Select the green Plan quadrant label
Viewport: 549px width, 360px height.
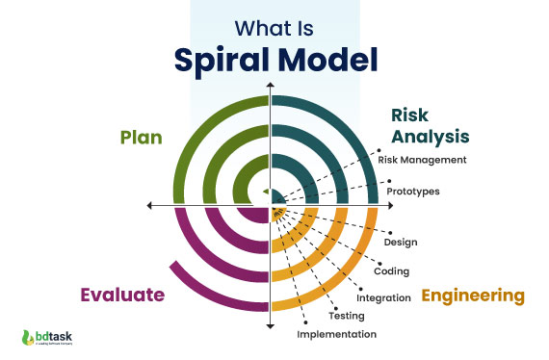141,137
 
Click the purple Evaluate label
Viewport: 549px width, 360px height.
122,294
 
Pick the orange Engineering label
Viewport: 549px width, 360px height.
473,295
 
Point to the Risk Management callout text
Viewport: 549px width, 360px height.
422,160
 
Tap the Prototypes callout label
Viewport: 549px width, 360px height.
413,191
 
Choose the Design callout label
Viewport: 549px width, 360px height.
400,242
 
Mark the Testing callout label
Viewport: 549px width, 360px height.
346,315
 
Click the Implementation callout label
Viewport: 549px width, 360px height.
336,334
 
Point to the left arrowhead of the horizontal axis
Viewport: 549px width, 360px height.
150,205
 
